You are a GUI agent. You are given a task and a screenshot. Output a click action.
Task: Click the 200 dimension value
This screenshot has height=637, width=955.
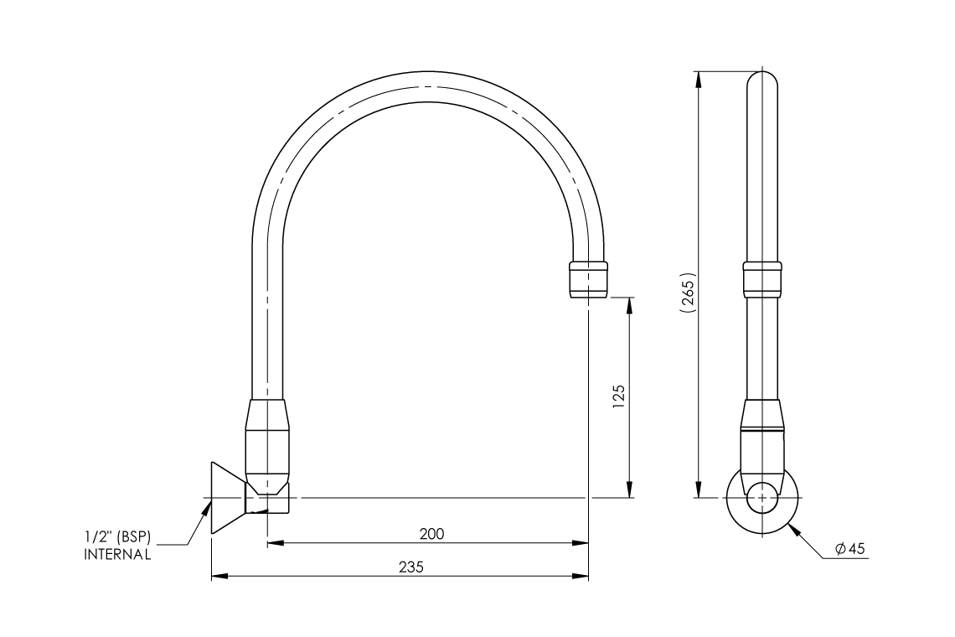point(432,534)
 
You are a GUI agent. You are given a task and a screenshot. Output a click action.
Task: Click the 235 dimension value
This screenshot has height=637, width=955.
point(410,567)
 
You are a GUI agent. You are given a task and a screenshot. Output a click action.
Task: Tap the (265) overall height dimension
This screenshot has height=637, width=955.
point(688,293)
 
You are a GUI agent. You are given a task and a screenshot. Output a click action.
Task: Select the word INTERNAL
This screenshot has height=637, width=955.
point(117,555)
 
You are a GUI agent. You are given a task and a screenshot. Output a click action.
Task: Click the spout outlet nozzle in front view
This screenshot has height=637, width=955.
point(588,278)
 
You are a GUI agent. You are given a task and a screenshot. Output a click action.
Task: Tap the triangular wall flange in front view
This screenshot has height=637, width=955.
point(225,497)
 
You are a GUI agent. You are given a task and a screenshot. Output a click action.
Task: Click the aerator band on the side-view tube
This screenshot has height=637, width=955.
point(762,278)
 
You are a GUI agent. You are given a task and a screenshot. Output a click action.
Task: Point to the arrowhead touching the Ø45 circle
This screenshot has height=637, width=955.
point(794,529)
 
